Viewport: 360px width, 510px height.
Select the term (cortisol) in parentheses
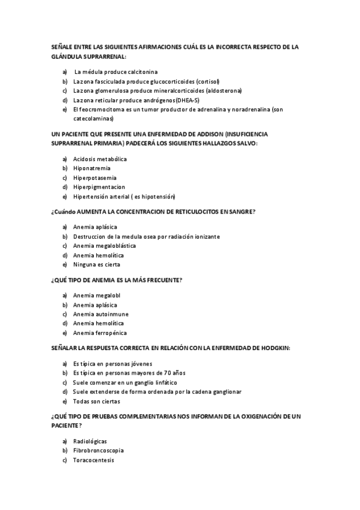pos(207,81)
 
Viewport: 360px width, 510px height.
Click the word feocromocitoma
pos(97,109)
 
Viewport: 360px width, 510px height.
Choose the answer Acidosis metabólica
pos(100,159)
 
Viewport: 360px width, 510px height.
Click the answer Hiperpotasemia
pos(95,178)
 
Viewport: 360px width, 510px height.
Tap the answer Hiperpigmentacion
pos(99,187)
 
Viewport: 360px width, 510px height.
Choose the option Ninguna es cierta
pos(96,265)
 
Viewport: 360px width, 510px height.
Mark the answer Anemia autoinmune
pos(101,314)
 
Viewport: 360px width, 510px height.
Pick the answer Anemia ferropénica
pos(100,333)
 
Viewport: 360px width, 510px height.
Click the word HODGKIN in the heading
pos(273,348)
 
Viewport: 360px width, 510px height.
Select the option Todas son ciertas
pos(96,401)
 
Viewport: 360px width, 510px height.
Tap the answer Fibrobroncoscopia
pos(98,450)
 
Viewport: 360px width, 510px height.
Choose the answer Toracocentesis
pos(93,460)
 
